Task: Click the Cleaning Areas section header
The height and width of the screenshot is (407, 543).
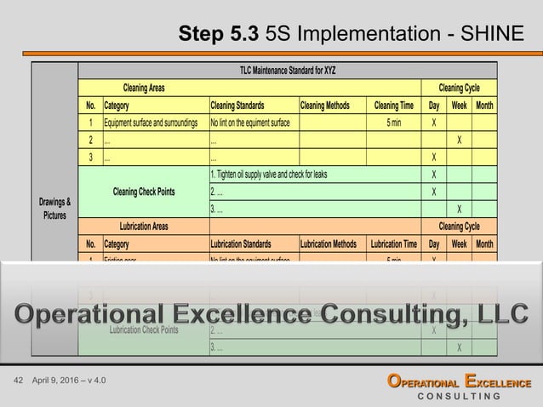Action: click(x=144, y=88)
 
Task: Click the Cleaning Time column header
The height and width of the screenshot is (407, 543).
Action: click(x=394, y=106)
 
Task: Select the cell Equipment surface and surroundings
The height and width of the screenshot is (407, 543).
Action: click(x=151, y=123)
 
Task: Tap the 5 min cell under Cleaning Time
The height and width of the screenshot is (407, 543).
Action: click(x=394, y=123)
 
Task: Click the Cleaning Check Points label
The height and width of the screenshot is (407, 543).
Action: click(x=144, y=192)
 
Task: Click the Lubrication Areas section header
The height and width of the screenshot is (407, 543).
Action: click(x=143, y=226)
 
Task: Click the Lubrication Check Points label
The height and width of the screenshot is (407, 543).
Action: click(x=144, y=330)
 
